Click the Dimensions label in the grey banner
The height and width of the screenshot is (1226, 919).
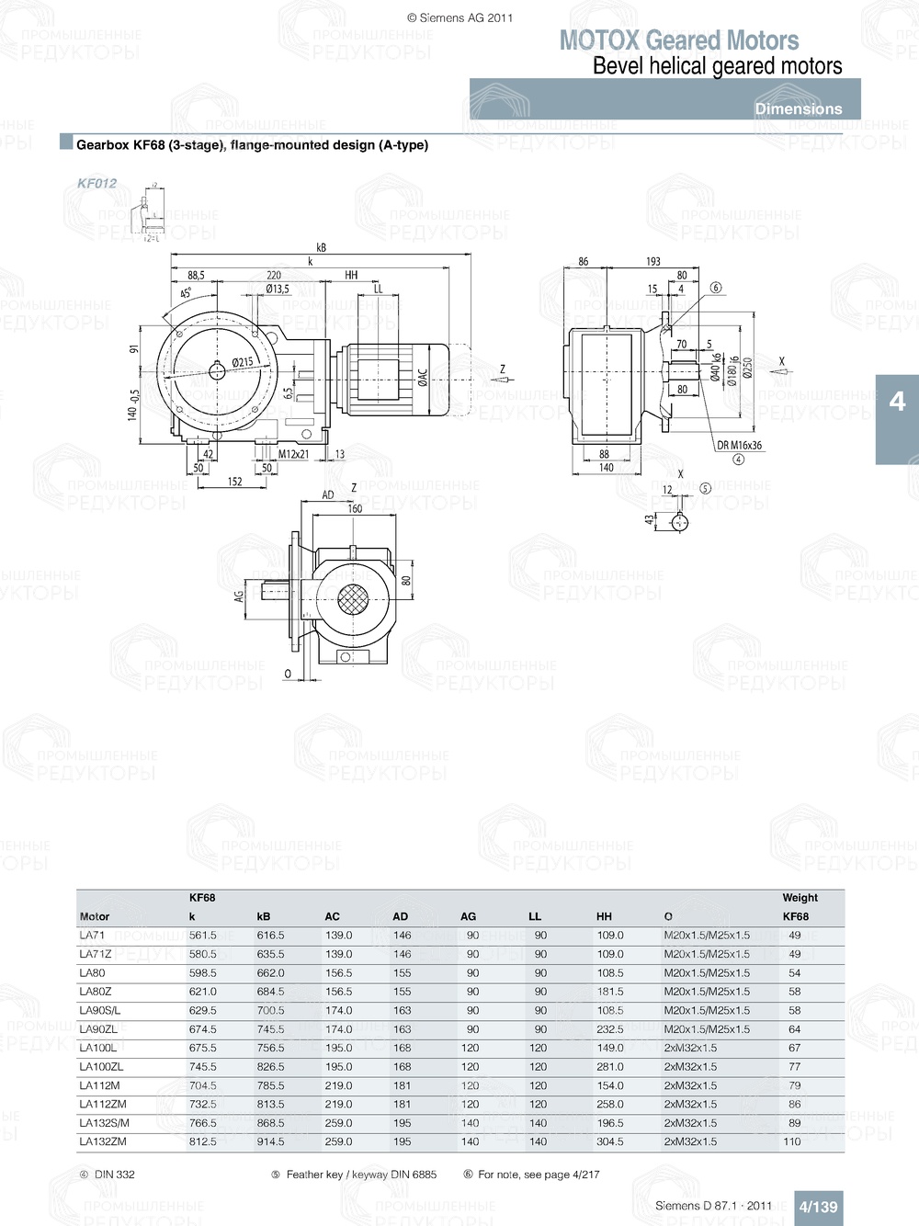click(x=798, y=108)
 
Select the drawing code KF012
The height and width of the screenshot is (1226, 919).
click(x=96, y=183)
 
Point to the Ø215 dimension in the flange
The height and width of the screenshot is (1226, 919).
click(x=243, y=362)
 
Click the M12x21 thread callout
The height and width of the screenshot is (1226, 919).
click(x=294, y=454)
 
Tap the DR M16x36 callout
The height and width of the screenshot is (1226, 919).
click(x=739, y=446)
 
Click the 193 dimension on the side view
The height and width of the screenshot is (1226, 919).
click(x=652, y=262)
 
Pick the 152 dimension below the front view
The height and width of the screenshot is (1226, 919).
click(x=235, y=481)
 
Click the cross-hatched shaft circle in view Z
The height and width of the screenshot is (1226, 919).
click(x=352, y=599)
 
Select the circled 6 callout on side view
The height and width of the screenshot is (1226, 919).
click(x=716, y=288)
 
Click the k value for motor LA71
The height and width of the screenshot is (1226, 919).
click(x=203, y=936)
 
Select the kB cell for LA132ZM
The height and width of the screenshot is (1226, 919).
click(x=270, y=1141)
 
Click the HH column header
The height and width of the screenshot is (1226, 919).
click(x=604, y=916)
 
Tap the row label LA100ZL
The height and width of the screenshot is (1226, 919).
click(x=101, y=1067)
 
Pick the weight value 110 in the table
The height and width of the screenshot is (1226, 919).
click(x=792, y=1141)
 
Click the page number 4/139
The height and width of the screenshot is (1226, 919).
click(x=818, y=1207)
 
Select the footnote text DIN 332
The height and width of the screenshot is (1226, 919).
click(x=114, y=1175)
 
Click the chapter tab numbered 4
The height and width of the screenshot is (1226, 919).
click(x=897, y=402)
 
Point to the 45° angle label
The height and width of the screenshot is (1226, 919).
click(x=186, y=293)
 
